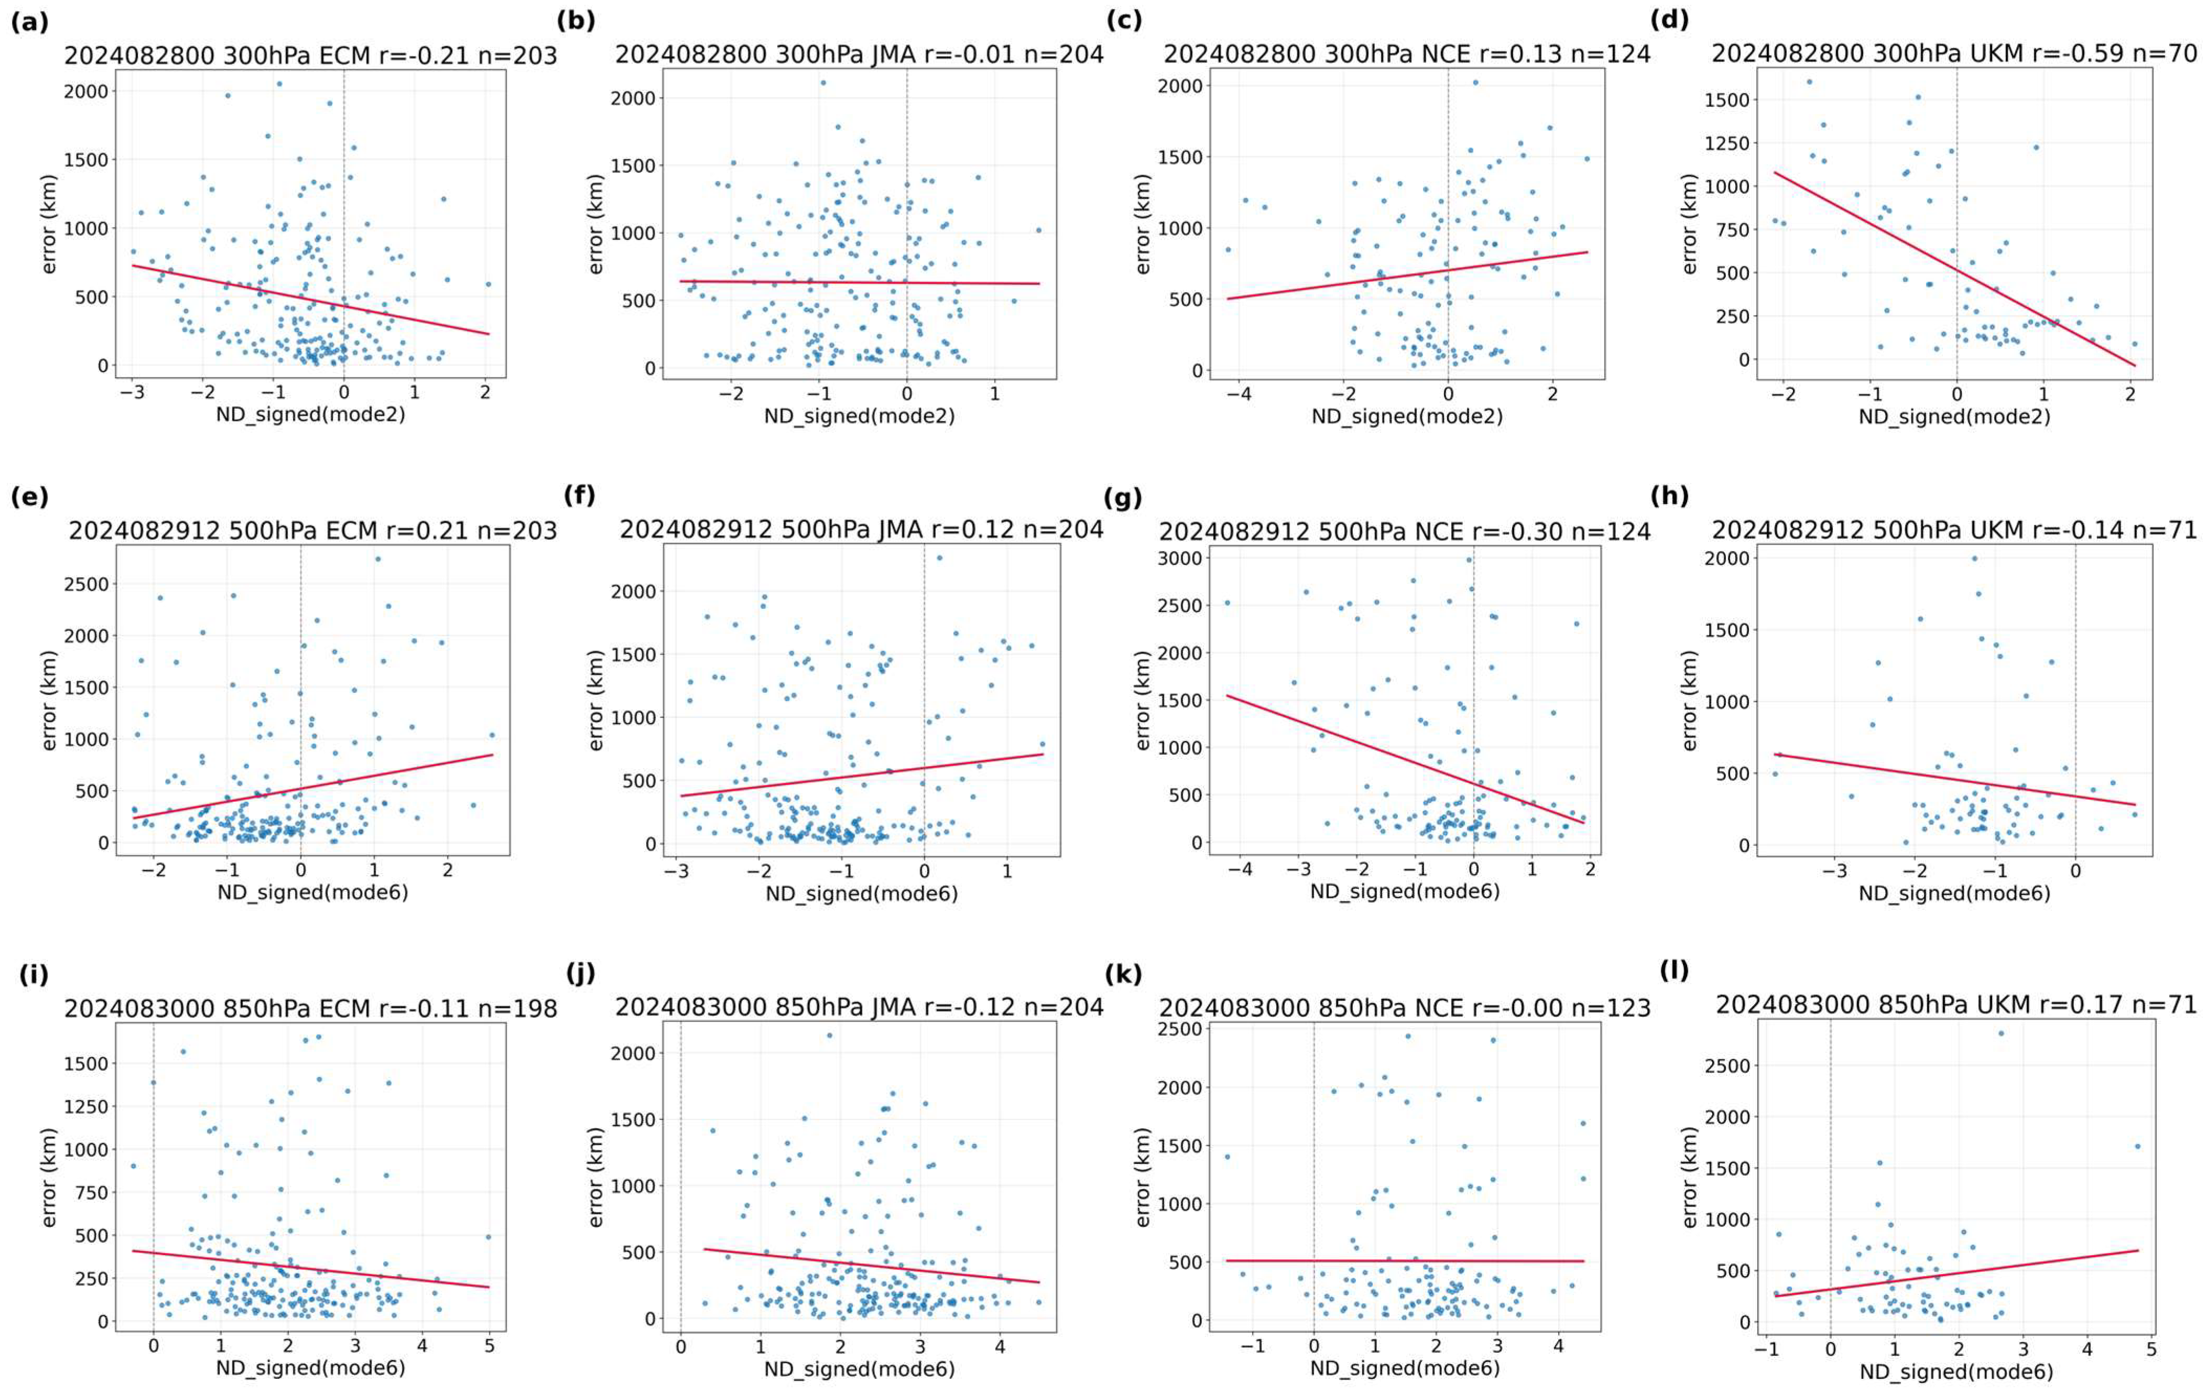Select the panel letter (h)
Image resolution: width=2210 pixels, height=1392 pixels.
[1670, 497]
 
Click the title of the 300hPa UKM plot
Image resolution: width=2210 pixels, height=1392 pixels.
[1954, 54]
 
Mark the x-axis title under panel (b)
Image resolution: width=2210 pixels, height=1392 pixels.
[859, 416]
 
